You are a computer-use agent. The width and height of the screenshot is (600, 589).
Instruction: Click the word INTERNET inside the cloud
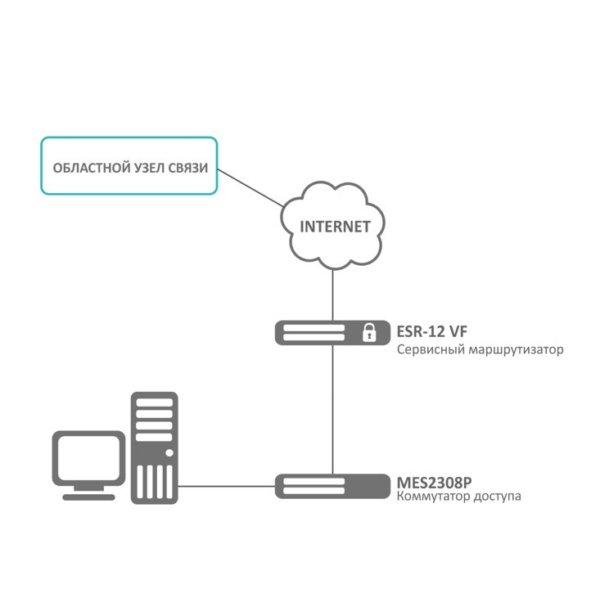click(x=335, y=227)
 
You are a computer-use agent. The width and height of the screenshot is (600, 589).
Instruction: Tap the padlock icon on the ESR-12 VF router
click(x=369, y=332)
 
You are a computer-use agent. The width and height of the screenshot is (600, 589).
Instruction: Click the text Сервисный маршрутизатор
click(x=480, y=350)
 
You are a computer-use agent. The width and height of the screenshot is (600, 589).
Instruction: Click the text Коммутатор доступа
click(x=458, y=497)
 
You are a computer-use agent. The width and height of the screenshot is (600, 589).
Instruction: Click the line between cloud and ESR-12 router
click(x=333, y=294)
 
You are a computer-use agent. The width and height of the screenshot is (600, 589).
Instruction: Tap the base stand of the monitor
click(x=88, y=494)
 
